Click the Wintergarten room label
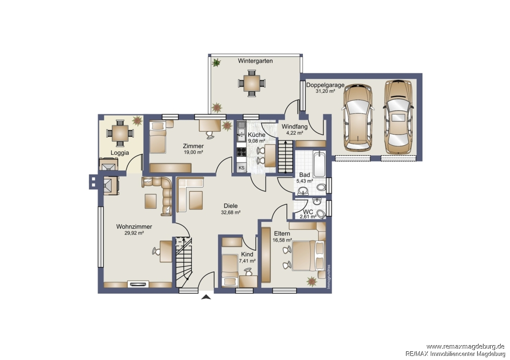click(255, 61)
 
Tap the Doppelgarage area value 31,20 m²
click(325, 91)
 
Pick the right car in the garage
click(398, 117)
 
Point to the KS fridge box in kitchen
click(241, 168)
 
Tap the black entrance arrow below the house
click(206, 297)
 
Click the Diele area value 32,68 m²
click(230, 213)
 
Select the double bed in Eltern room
click(308, 256)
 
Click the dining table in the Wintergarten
click(252, 84)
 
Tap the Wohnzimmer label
click(134, 227)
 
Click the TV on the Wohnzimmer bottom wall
click(139, 284)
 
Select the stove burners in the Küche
click(241, 152)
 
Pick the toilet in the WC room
click(321, 214)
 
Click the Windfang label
click(294, 127)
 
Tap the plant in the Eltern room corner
click(311, 281)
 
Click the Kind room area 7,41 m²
click(247, 261)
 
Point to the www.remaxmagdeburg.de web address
click(465, 346)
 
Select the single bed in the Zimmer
click(158, 137)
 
